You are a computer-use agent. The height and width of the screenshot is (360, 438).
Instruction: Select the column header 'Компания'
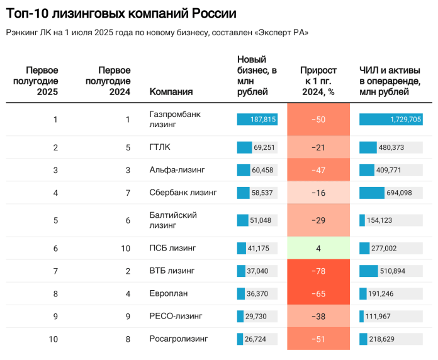[171, 92]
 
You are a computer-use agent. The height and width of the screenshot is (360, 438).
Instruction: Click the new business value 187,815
[263, 120]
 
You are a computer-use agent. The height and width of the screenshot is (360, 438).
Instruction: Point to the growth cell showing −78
[318, 271]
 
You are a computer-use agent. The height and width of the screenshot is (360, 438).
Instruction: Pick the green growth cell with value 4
[318, 249]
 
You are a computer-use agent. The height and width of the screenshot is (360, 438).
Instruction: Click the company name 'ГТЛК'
[160, 147]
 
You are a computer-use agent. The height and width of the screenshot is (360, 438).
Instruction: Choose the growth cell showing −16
[318, 193]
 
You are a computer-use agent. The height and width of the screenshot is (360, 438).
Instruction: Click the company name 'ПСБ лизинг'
[173, 249]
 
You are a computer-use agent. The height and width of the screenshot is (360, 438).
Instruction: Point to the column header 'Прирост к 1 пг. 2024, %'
[318, 81]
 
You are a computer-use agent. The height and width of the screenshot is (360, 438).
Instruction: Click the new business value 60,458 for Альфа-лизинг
[262, 170]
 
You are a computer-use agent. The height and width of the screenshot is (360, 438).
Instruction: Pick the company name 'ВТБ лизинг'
[172, 271]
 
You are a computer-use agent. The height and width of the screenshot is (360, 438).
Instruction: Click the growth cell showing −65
[318, 294]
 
